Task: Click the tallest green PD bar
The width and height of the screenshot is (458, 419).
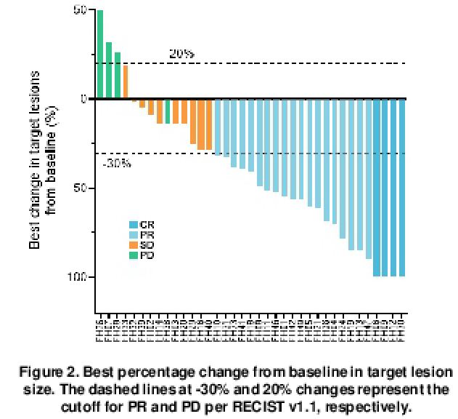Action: click(100, 55)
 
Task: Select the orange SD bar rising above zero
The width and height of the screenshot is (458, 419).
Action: click(126, 82)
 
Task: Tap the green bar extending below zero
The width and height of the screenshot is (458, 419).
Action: click(168, 111)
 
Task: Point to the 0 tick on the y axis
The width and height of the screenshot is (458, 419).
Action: click(83, 99)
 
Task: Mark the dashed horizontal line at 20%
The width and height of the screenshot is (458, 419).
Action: click(290, 63)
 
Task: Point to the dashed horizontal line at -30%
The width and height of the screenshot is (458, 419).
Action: click(290, 153)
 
